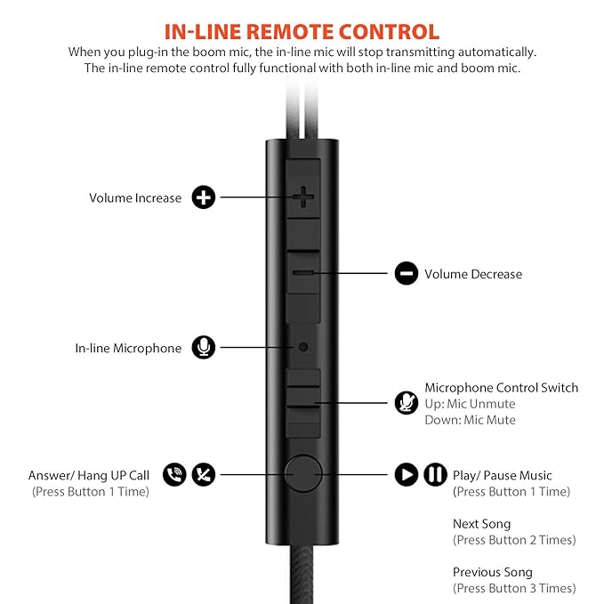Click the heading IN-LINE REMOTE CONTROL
(302, 31)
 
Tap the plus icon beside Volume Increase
(205, 197)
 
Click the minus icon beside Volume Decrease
(406, 274)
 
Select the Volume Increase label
(135, 198)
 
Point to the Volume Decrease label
(473, 274)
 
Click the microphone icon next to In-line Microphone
(205, 348)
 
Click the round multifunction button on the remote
(303, 475)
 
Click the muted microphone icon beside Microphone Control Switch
(406, 402)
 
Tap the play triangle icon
(406, 475)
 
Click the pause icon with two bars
(435, 475)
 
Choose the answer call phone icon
(174, 475)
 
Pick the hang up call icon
(205, 475)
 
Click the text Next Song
(481, 524)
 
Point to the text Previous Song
(491, 572)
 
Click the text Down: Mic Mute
(470, 420)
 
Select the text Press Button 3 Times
(514, 588)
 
